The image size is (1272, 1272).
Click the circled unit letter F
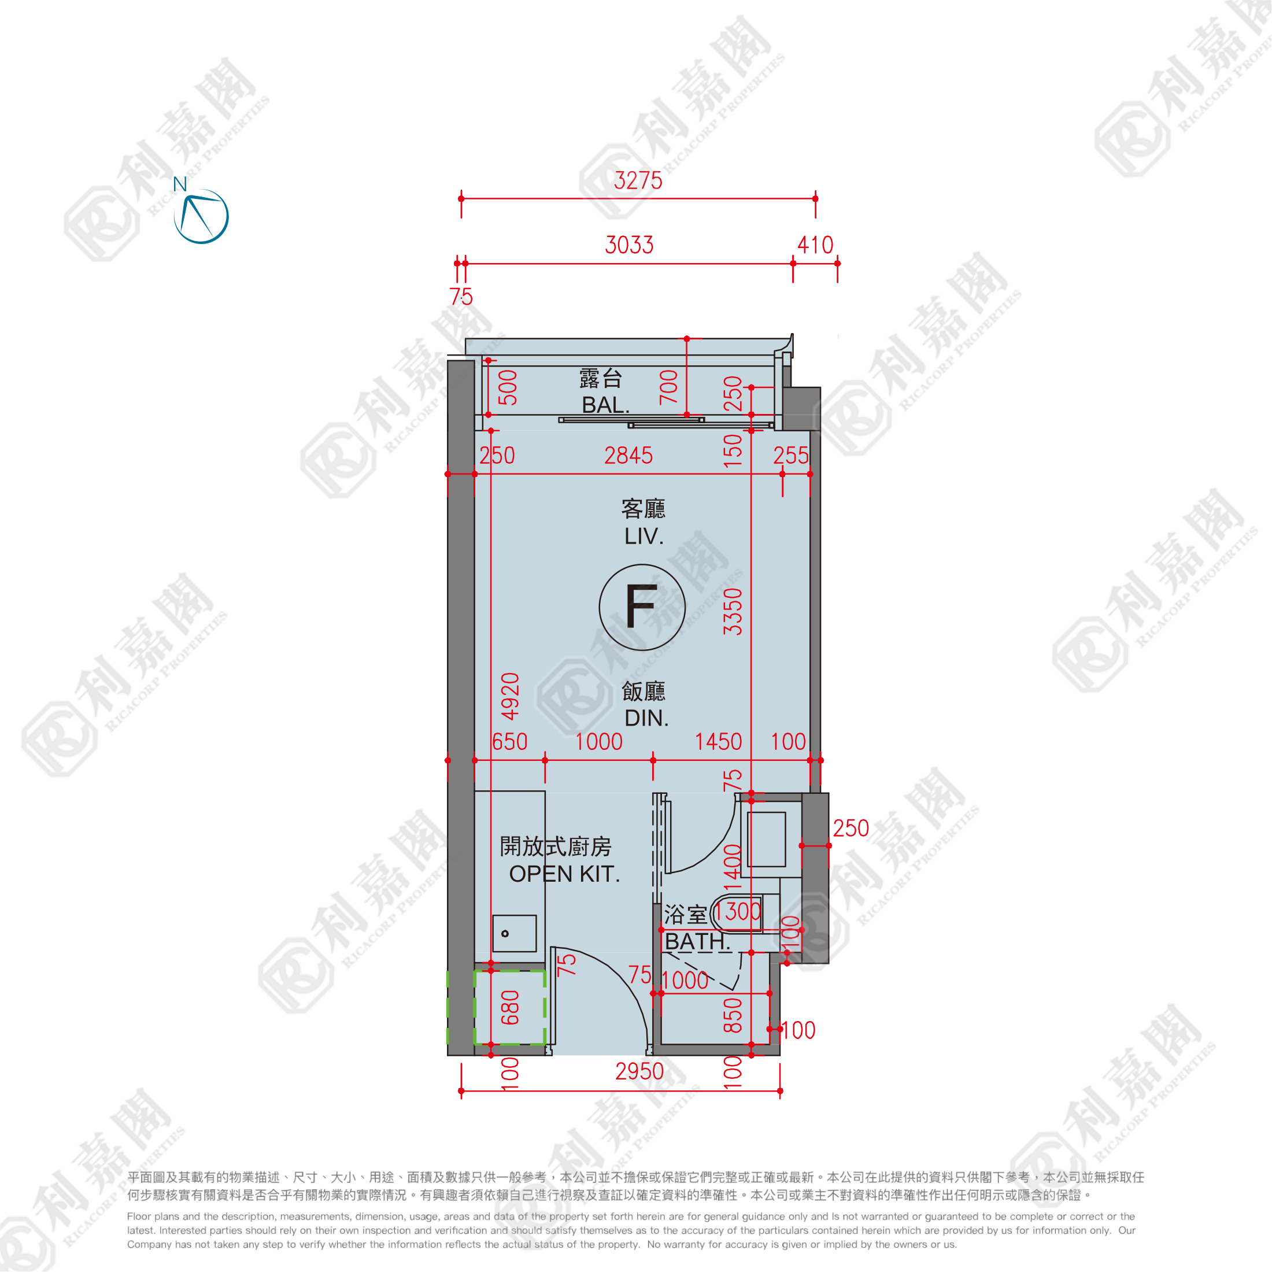pyautogui.click(x=642, y=607)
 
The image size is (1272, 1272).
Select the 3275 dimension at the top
pyautogui.click(x=638, y=180)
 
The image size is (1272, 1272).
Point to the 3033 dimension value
pyautogui.click(x=630, y=245)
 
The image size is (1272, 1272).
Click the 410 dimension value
pyautogui.click(x=815, y=245)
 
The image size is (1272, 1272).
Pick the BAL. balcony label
pyautogui.click(x=606, y=405)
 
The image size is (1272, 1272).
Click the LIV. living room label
pyautogui.click(x=644, y=537)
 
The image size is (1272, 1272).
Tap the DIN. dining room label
pyautogui.click(x=646, y=718)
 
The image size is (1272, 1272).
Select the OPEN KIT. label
pyautogui.click(x=564, y=874)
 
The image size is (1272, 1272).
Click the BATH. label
pyautogui.click(x=697, y=941)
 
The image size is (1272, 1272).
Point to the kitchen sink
pyautogui.click(x=514, y=933)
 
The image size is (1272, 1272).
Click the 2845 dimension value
pyautogui.click(x=628, y=455)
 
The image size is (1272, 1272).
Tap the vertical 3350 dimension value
pyautogui.click(x=733, y=612)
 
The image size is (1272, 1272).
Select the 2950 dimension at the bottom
pyautogui.click(x=639, y=1071)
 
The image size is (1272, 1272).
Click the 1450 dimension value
pyautogui.click(x=718, y=741)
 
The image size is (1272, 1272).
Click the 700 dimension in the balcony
pyautogui.click(x=668, y=387)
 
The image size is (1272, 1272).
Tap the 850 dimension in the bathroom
pyautogui.click(x=733, y=1015)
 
